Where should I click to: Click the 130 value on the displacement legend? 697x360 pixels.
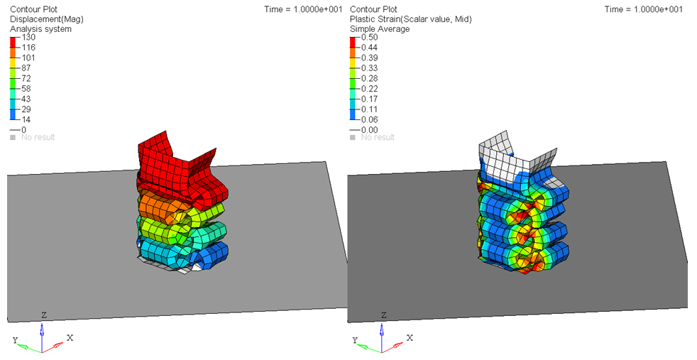click(28, 38)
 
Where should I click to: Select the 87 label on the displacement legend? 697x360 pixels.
click(26, 68)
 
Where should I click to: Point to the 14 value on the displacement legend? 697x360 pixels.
click(26, 119)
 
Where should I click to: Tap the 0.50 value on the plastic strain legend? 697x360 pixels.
click(369, 38)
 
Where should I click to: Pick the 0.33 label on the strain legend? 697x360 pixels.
click(369, 68)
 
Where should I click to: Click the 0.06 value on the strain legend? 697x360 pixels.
click(369, 119)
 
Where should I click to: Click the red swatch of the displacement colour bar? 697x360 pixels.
click(13, 43)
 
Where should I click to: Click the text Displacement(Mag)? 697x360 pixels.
click(47, 19)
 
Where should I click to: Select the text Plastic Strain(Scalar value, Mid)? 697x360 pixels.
click(411, 19)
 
